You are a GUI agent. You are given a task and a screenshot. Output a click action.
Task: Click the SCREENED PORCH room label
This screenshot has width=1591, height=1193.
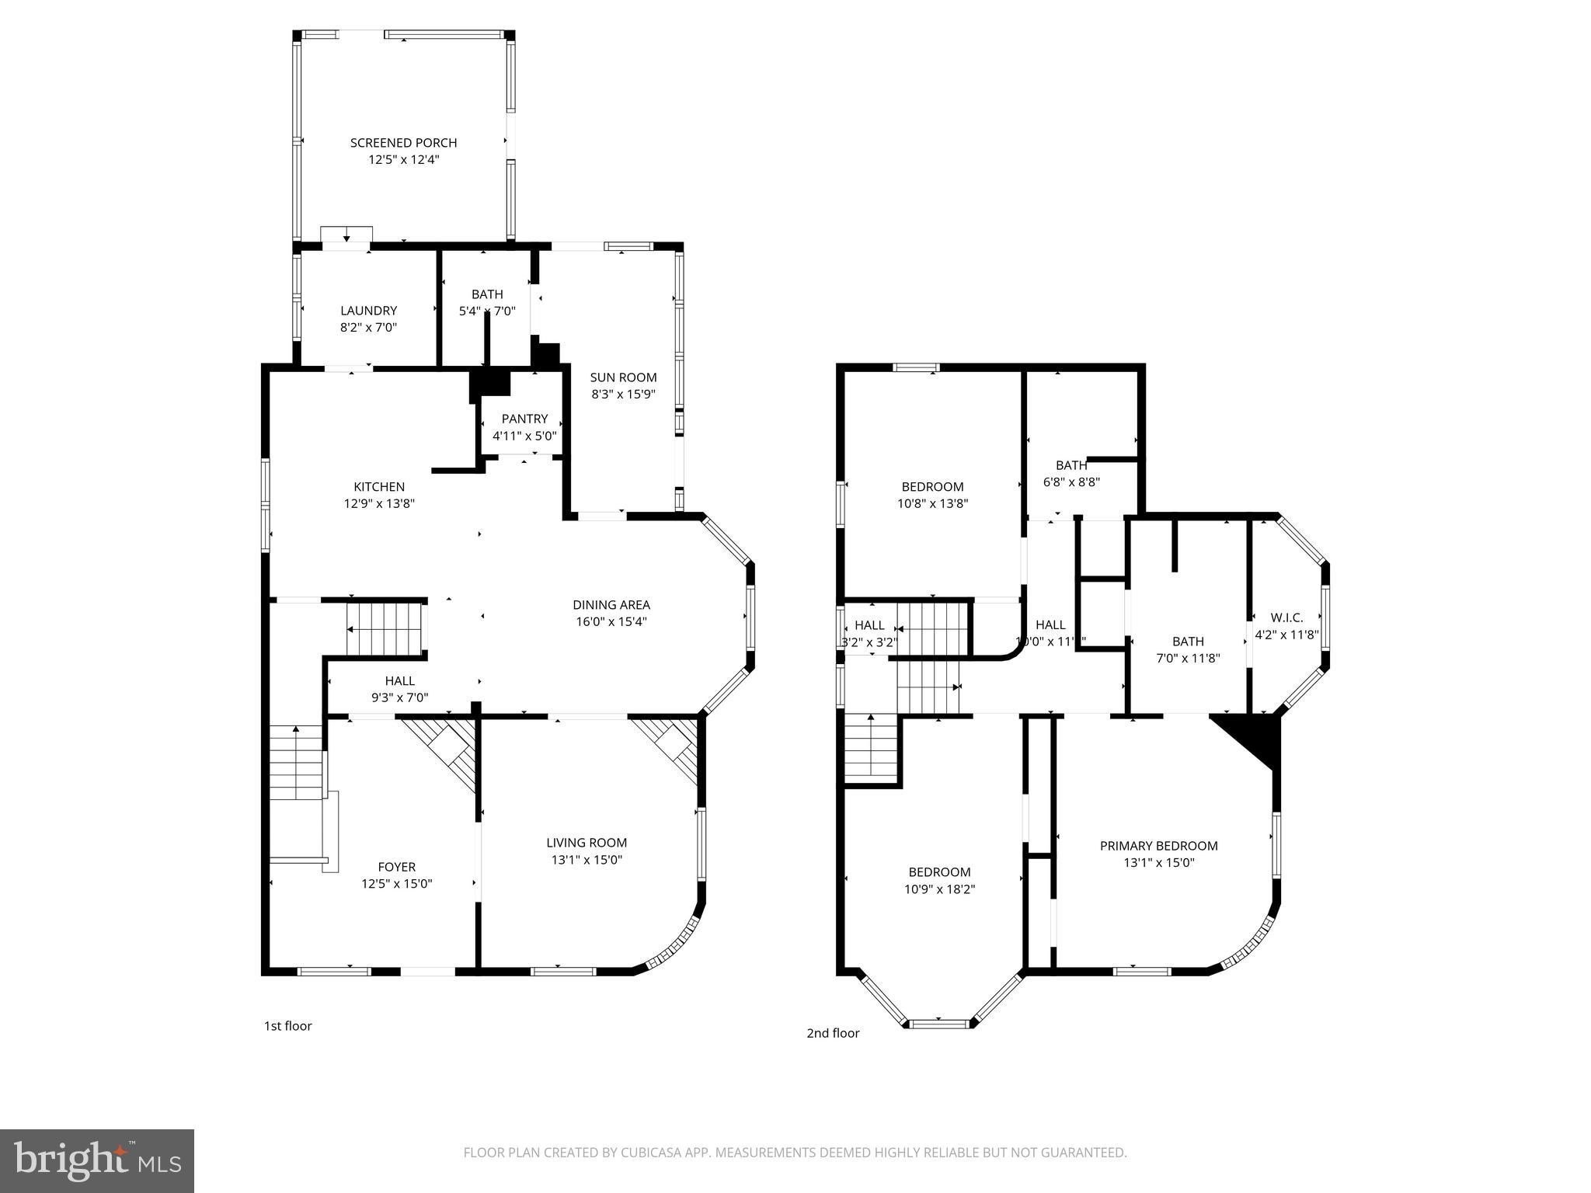click(x=403, y=143)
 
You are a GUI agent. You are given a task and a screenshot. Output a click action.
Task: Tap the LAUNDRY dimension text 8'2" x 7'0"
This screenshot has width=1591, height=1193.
click(x=368, y=328)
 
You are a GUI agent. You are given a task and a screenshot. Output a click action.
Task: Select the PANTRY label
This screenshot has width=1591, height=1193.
click(x=524, y=419)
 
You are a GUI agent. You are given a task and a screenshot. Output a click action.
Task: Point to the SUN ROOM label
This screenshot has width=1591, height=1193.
click(x=623, y=377)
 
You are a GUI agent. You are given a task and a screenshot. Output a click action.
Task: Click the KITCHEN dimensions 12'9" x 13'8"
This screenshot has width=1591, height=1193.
click(x=379, y=503)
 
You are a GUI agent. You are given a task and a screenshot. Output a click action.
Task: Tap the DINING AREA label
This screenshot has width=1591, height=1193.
click(x=611, y=605)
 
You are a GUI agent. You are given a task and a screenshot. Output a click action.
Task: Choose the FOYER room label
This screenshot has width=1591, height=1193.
click(x=396, y=867)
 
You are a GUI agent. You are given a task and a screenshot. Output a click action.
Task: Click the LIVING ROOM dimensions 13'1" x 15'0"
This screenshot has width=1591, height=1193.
click(x=587, y=860)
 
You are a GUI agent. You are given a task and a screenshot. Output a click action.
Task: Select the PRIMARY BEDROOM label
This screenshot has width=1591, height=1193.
click(x=1158, y=846)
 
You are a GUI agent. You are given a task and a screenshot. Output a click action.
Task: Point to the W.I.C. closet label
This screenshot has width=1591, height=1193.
click(x=1286, y=617)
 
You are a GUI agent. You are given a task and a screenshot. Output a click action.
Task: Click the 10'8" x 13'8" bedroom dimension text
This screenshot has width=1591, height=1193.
click(x=932, y=503)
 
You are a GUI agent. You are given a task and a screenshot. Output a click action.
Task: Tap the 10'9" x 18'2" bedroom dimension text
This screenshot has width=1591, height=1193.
click(x=939, y=889)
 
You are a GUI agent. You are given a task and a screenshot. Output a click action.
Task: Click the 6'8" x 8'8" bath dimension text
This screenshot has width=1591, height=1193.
click(x=1071, y=482)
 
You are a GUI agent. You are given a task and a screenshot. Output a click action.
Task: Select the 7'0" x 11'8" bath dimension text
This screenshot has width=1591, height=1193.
click(x=1188, y=658)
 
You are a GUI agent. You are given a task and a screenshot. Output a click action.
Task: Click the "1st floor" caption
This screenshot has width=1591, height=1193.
click(x=288, y=1026)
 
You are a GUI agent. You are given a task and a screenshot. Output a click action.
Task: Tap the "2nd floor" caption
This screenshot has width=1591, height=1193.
click(x=833, y=1033)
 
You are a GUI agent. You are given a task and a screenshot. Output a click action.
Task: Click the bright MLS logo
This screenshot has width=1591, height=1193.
click(x=97, y=1161)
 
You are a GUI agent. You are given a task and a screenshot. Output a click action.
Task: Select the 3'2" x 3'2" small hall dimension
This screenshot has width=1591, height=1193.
click(x=869, y=642)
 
